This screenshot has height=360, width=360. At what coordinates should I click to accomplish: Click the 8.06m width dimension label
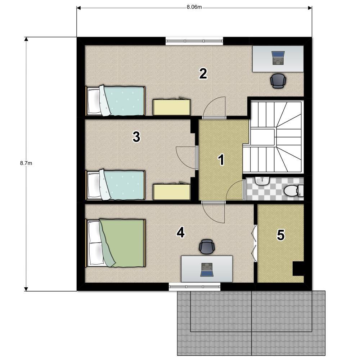194,7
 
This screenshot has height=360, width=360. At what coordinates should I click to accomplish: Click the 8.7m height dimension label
26,163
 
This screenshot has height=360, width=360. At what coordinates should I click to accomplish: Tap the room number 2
203,74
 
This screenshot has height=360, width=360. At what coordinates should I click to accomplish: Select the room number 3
136,137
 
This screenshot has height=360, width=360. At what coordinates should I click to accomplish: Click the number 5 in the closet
281,235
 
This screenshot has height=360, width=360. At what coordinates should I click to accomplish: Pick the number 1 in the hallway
221,160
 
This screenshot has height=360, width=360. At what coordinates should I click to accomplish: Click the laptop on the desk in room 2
278,58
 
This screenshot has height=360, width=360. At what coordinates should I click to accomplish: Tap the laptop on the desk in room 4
207,270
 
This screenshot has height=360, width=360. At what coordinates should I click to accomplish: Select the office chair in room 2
278,81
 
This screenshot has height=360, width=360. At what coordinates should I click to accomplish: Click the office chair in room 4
207,247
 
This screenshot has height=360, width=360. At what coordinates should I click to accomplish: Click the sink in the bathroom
262,181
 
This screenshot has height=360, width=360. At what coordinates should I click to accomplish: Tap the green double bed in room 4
115,243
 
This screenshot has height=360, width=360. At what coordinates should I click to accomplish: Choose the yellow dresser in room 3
172,192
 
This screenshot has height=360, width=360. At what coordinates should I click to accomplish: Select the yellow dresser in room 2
172,107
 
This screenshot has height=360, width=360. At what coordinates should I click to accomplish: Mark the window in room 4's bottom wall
195,287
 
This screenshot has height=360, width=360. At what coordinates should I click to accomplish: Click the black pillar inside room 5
298,269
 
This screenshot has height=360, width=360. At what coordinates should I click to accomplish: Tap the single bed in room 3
115,185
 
